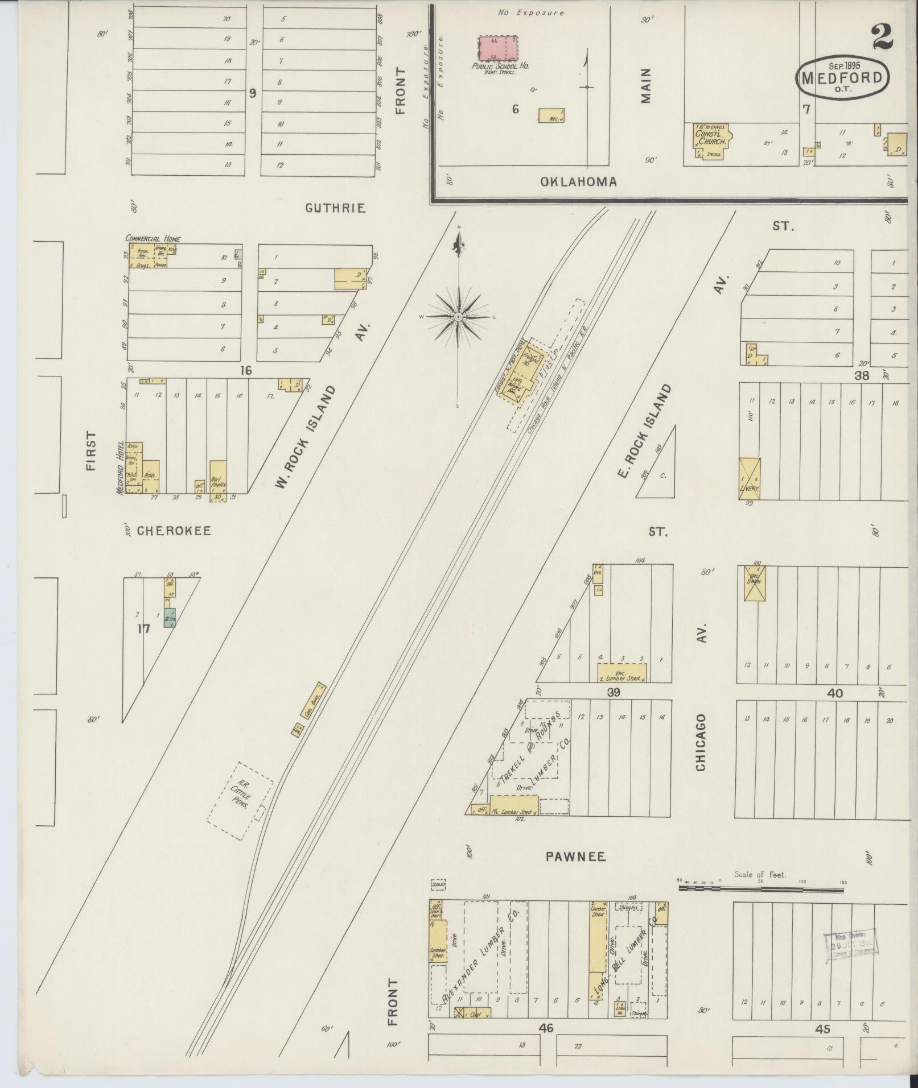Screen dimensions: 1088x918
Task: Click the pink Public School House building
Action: click(498, 49)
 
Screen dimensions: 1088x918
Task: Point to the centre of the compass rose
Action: click(458, 317)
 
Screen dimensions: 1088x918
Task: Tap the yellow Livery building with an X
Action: click(749, 478)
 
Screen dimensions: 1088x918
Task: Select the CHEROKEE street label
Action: click(174, 531)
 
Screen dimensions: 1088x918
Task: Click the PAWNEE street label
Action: click(567, 857)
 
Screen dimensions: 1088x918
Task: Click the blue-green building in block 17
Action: click(169, 618)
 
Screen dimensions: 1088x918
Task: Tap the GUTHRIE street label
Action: click(335, 208)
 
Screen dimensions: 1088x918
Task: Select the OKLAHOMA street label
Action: click(578, 182)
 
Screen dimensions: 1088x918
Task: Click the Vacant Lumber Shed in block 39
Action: click(622, 672)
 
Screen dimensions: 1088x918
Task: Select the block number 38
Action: click(862, 375)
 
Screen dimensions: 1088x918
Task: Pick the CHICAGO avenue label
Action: click(701, 743)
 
